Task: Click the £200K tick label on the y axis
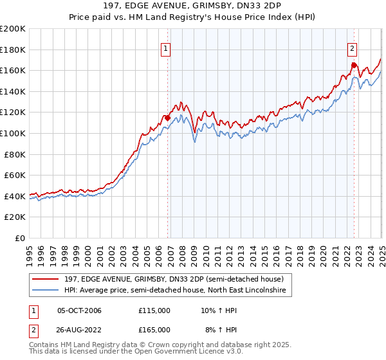point(13,28)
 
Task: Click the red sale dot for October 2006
point(168,118)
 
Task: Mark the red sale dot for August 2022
point(354,65)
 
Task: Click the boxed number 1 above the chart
point(166,48)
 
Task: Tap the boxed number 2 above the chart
point(353,48)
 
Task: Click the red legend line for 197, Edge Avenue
point(46,279)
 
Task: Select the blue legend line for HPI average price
point(46,291)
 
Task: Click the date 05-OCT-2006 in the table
point(79,310)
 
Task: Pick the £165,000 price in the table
point(154,330)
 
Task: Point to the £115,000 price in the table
point(154,310)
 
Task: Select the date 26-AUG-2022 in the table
point(80,330)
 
